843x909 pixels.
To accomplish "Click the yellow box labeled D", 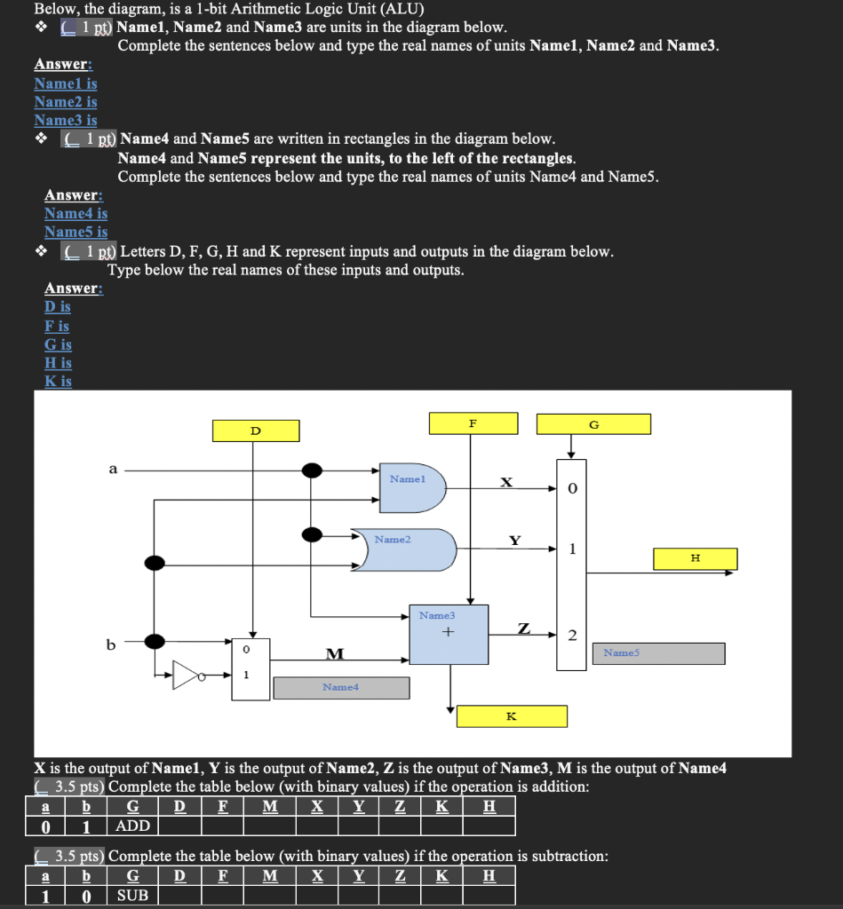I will tap(256, 431).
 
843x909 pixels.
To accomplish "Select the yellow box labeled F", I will tap(473, 423).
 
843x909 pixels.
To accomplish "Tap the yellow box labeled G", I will tap(593, 423).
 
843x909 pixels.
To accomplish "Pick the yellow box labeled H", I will tap(695, 558).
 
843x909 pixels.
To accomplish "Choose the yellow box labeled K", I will tap(511, 715).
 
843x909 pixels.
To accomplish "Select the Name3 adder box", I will tap(448, 634).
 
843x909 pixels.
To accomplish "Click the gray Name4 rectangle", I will tap(341, 687).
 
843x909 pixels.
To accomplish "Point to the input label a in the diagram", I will tap(112, 469).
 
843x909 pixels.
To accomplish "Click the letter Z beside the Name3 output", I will tap(525, 628).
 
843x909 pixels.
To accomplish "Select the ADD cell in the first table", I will tap(133, 826).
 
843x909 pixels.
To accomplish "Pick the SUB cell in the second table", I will tap(133, 895).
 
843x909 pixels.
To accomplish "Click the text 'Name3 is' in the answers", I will tap(66, 120).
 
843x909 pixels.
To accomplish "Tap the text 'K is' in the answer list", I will tap(58, 381).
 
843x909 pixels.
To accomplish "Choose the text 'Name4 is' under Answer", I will tap(76, 213).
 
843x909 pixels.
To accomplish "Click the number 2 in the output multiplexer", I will tap(572, 635).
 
